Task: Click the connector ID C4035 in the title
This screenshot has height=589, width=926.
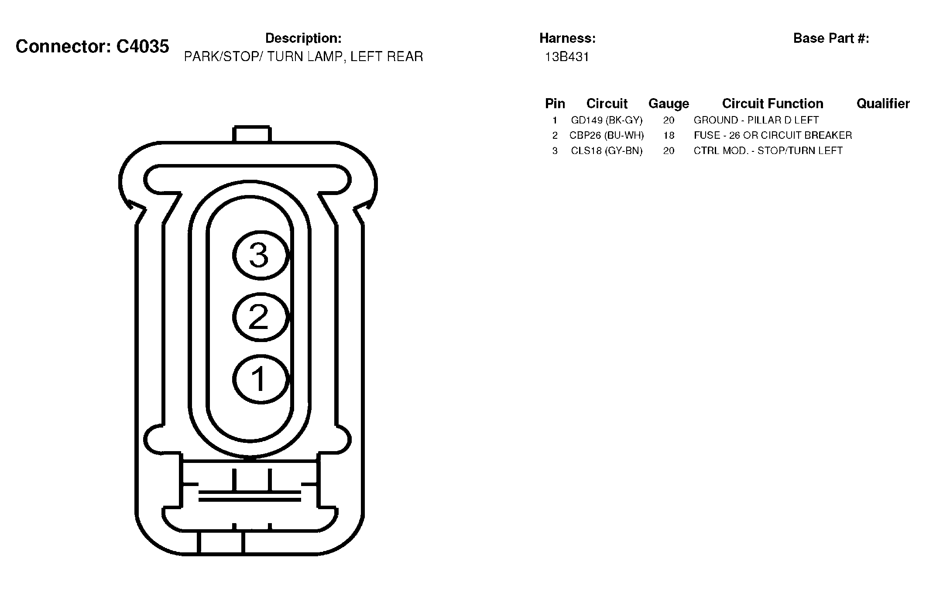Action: (x=143, y=46)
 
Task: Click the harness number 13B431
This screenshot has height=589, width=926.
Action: (x=567, y=57)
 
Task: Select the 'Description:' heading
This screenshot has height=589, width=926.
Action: (x=303, y=38)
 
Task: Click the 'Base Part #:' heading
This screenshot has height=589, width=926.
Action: (x=831, y=38)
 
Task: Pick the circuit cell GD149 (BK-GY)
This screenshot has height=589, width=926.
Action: (x=607, y=120)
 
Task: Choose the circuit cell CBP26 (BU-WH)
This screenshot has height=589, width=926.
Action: (x=607, y=135)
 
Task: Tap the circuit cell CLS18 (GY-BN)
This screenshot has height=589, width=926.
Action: (x=607, y=151)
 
